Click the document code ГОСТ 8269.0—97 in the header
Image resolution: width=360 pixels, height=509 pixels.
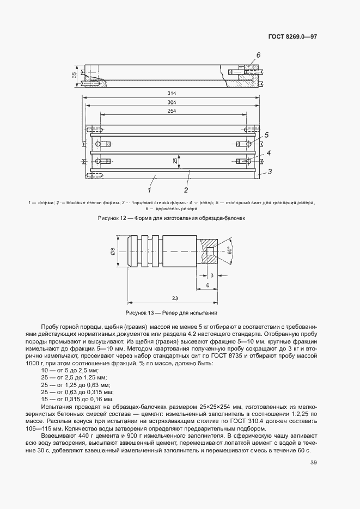pyautogui.click(x=292, y=37)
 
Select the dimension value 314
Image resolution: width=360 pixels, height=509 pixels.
pyautogui.click(x=172, y=93)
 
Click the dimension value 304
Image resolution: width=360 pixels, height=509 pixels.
pyautogui.click(x=172, y=103)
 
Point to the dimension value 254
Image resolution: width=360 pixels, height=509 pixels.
pyautogui.click(x=172, y=112)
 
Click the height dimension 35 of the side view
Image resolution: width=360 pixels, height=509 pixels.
pyautogui.click(x=75, y=76)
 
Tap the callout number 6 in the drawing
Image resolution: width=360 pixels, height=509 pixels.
pyautogui.click(x=258, y=55)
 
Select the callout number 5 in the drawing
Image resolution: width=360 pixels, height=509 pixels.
pyautogui.click(x=267, y=136)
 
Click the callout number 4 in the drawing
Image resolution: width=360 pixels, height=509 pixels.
pyautogui.click(x=268, y=154)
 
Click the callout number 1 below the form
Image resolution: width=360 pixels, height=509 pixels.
pyautogui.click(x=149, y=190)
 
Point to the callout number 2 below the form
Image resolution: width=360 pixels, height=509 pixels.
pyautogui.click(x=186, y=190)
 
